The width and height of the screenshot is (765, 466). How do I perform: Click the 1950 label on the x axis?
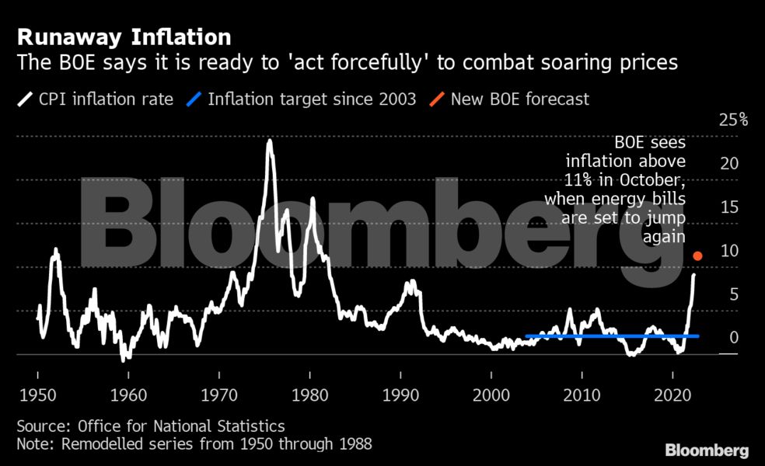[x=37, y=393]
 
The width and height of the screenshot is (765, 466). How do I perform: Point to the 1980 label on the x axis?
[x=309, y=393]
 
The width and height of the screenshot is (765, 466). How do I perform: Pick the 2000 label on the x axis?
[x=491, y=393]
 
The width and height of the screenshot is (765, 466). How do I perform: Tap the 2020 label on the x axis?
[x=673, y=393]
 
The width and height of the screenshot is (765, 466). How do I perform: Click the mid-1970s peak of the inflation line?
[x=269, y=142]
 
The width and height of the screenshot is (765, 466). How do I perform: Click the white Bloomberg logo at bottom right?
[x=707, y=450]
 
